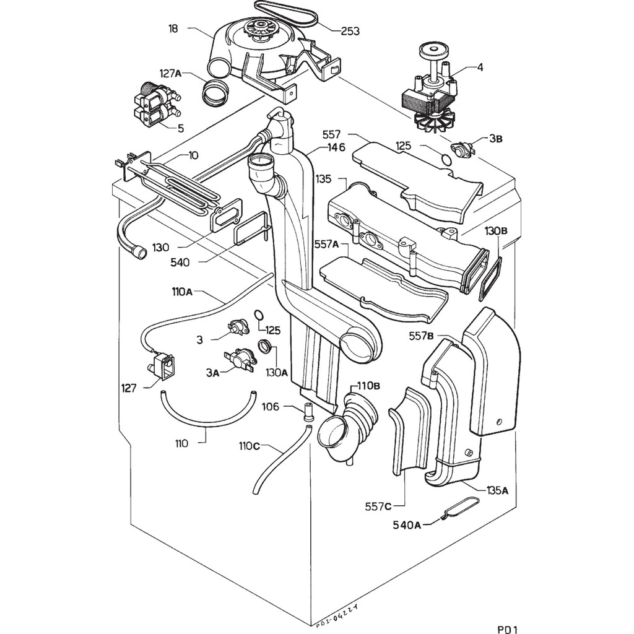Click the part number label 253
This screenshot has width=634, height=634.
click(x=350, y=30)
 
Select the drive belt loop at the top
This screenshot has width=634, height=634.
click(x=285, y=11)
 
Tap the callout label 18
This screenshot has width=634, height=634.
click(x=174, y=28)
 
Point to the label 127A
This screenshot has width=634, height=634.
click(x=170, y=74)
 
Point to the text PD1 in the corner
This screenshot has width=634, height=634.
click(x=507, y=613)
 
